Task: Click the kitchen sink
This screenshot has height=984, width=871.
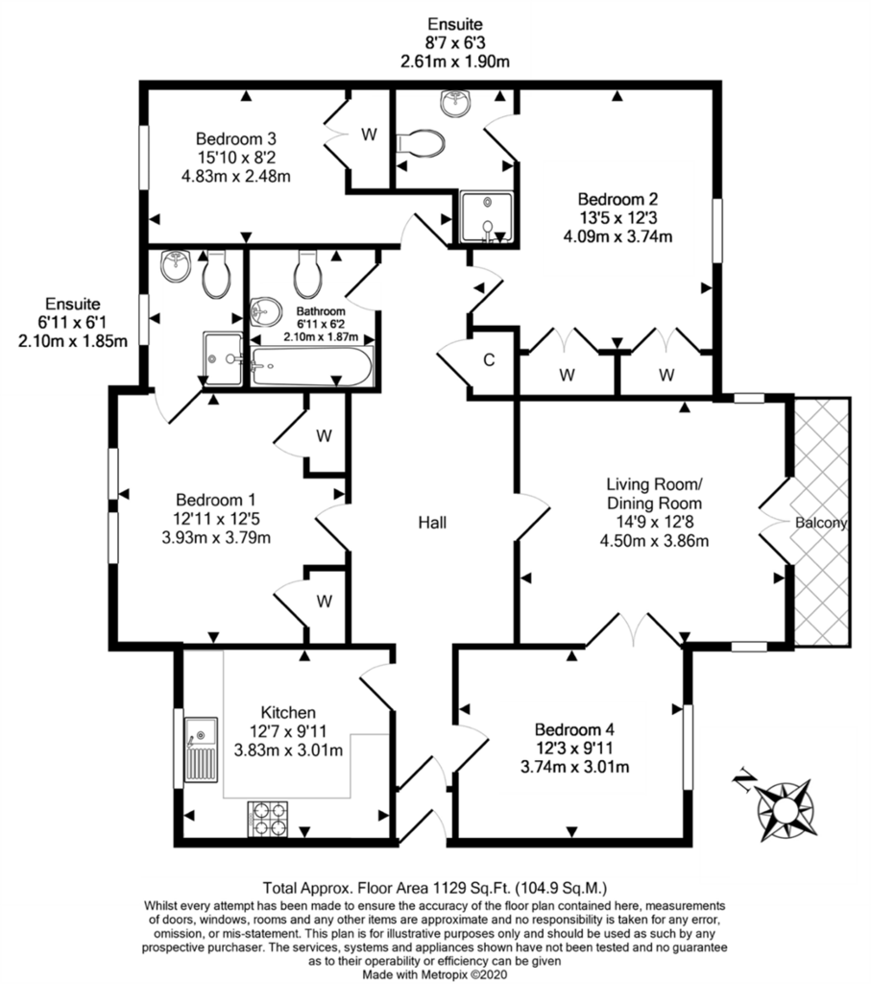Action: point(201,750)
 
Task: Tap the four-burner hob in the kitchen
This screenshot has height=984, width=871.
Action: point(268,819)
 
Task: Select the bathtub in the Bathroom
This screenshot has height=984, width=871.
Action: point(312,366)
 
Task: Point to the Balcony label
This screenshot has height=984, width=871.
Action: point(821,522)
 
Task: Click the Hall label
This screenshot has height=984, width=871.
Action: point(433,522)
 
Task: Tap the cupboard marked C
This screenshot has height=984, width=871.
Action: point(489,360)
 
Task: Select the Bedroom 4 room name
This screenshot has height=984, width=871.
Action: point(574,729)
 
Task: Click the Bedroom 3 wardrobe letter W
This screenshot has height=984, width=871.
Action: point(370,134)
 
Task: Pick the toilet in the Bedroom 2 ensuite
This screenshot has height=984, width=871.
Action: point(421,144)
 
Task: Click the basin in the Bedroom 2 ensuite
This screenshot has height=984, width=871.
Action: point(456,102)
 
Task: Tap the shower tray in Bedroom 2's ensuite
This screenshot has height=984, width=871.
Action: point(487,216)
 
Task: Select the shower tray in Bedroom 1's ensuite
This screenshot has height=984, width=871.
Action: point(223,359)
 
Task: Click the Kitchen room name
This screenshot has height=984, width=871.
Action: point(288,712)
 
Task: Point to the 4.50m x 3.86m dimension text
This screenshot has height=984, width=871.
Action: point(654,541)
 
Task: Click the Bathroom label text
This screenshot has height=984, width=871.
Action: point(321,311)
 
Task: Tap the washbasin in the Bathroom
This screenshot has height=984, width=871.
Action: point(266,312)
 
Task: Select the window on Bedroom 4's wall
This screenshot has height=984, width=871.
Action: point(689,747)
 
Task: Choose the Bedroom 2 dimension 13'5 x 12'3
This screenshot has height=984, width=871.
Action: point(617,218)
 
